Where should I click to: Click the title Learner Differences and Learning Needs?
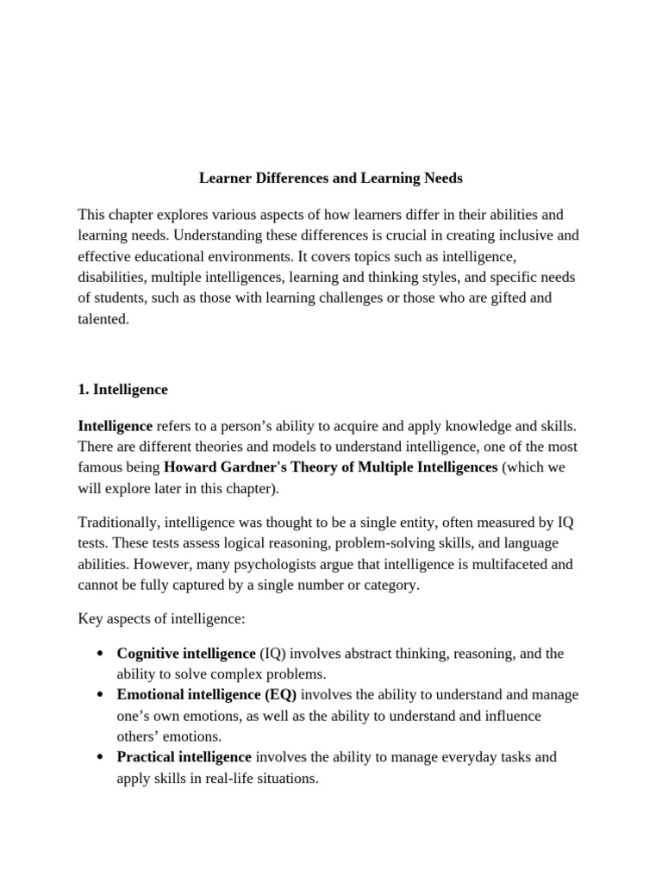point(331,178)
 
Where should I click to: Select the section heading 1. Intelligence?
point(122,390)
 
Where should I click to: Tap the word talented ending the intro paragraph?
point(103,318)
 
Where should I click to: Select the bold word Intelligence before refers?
point(115,426)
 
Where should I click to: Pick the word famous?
point(103,467)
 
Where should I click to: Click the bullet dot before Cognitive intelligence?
point(101,654)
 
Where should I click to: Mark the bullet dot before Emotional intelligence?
point(101,695)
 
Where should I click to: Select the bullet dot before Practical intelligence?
point(101,757)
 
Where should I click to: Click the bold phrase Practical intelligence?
point(184,757)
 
